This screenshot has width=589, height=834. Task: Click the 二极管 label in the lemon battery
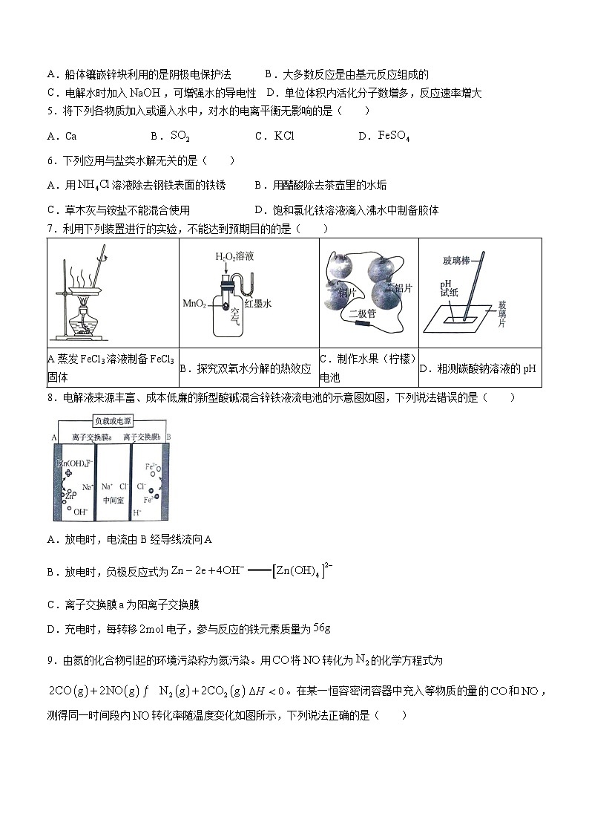coord(363,313)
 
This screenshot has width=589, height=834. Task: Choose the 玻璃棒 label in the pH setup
coord(458,260)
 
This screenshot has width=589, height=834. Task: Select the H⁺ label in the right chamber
coord(137,512)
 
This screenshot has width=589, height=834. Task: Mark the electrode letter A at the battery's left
coord(54,437)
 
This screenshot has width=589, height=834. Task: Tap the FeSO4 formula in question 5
coord(394,136)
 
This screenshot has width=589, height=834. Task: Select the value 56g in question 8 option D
coord(321,628)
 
